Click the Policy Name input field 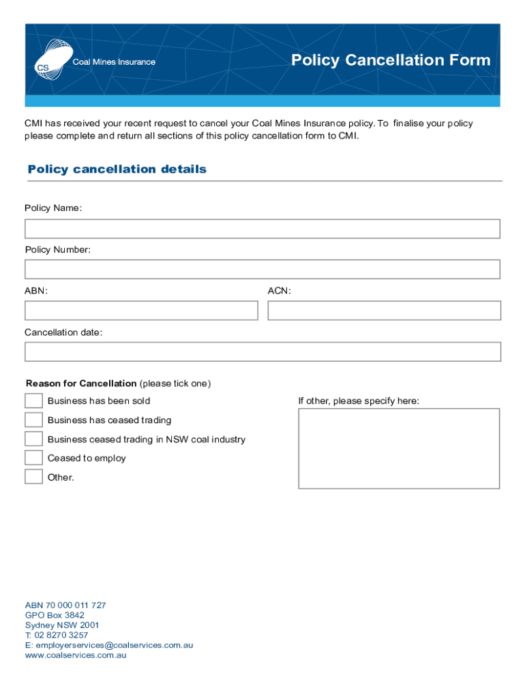coord(262,229)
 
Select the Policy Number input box coord(262,269)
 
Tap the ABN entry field coord(141,311)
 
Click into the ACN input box coord(384,311)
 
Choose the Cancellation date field coord(262,352)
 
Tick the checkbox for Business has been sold coord(33,401)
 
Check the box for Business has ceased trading coord(33,419)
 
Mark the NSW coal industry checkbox coord(33,438)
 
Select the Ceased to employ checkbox coord(33,457)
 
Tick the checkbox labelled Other coord(33,476)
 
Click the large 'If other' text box coord(399,448)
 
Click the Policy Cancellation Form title coord(391,60)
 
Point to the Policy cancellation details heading coord(117,169)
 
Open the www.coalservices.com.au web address coord(76,655)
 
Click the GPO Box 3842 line coord(55,615)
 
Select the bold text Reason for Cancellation coord(81,384)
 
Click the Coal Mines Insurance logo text coord(114,62)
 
